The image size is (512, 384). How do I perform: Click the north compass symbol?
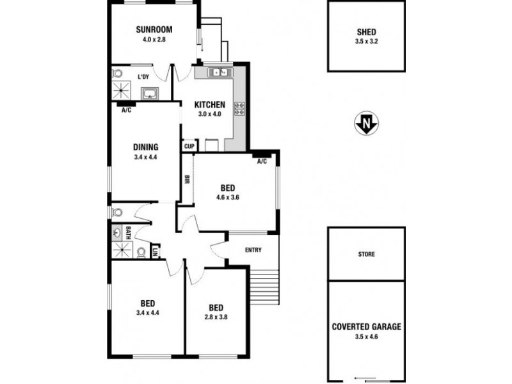click(x=366, y=123)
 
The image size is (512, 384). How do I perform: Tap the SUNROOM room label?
click(x=154, y=29)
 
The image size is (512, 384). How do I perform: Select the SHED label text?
click(x=367, y=33)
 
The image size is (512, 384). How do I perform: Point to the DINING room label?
click(x=145, y=147)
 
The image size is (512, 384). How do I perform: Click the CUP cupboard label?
click(x=189, y=146)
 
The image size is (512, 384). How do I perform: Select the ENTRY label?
click(x=253, y=250)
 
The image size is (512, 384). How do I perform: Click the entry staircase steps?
click(x=264, y=287)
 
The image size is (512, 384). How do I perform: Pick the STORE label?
click(x=366, y=254)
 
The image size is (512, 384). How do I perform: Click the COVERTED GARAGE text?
click(x=367, y=326)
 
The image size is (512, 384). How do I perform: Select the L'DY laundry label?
click(x=144, y=77)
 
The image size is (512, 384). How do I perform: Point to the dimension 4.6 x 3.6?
click(x=227, y=198)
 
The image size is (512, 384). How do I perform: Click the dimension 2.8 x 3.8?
click(x=216, y=316)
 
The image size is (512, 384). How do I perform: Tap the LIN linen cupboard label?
click(x=154, y=252)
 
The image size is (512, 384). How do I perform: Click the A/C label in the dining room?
click(x=126, y=110)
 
